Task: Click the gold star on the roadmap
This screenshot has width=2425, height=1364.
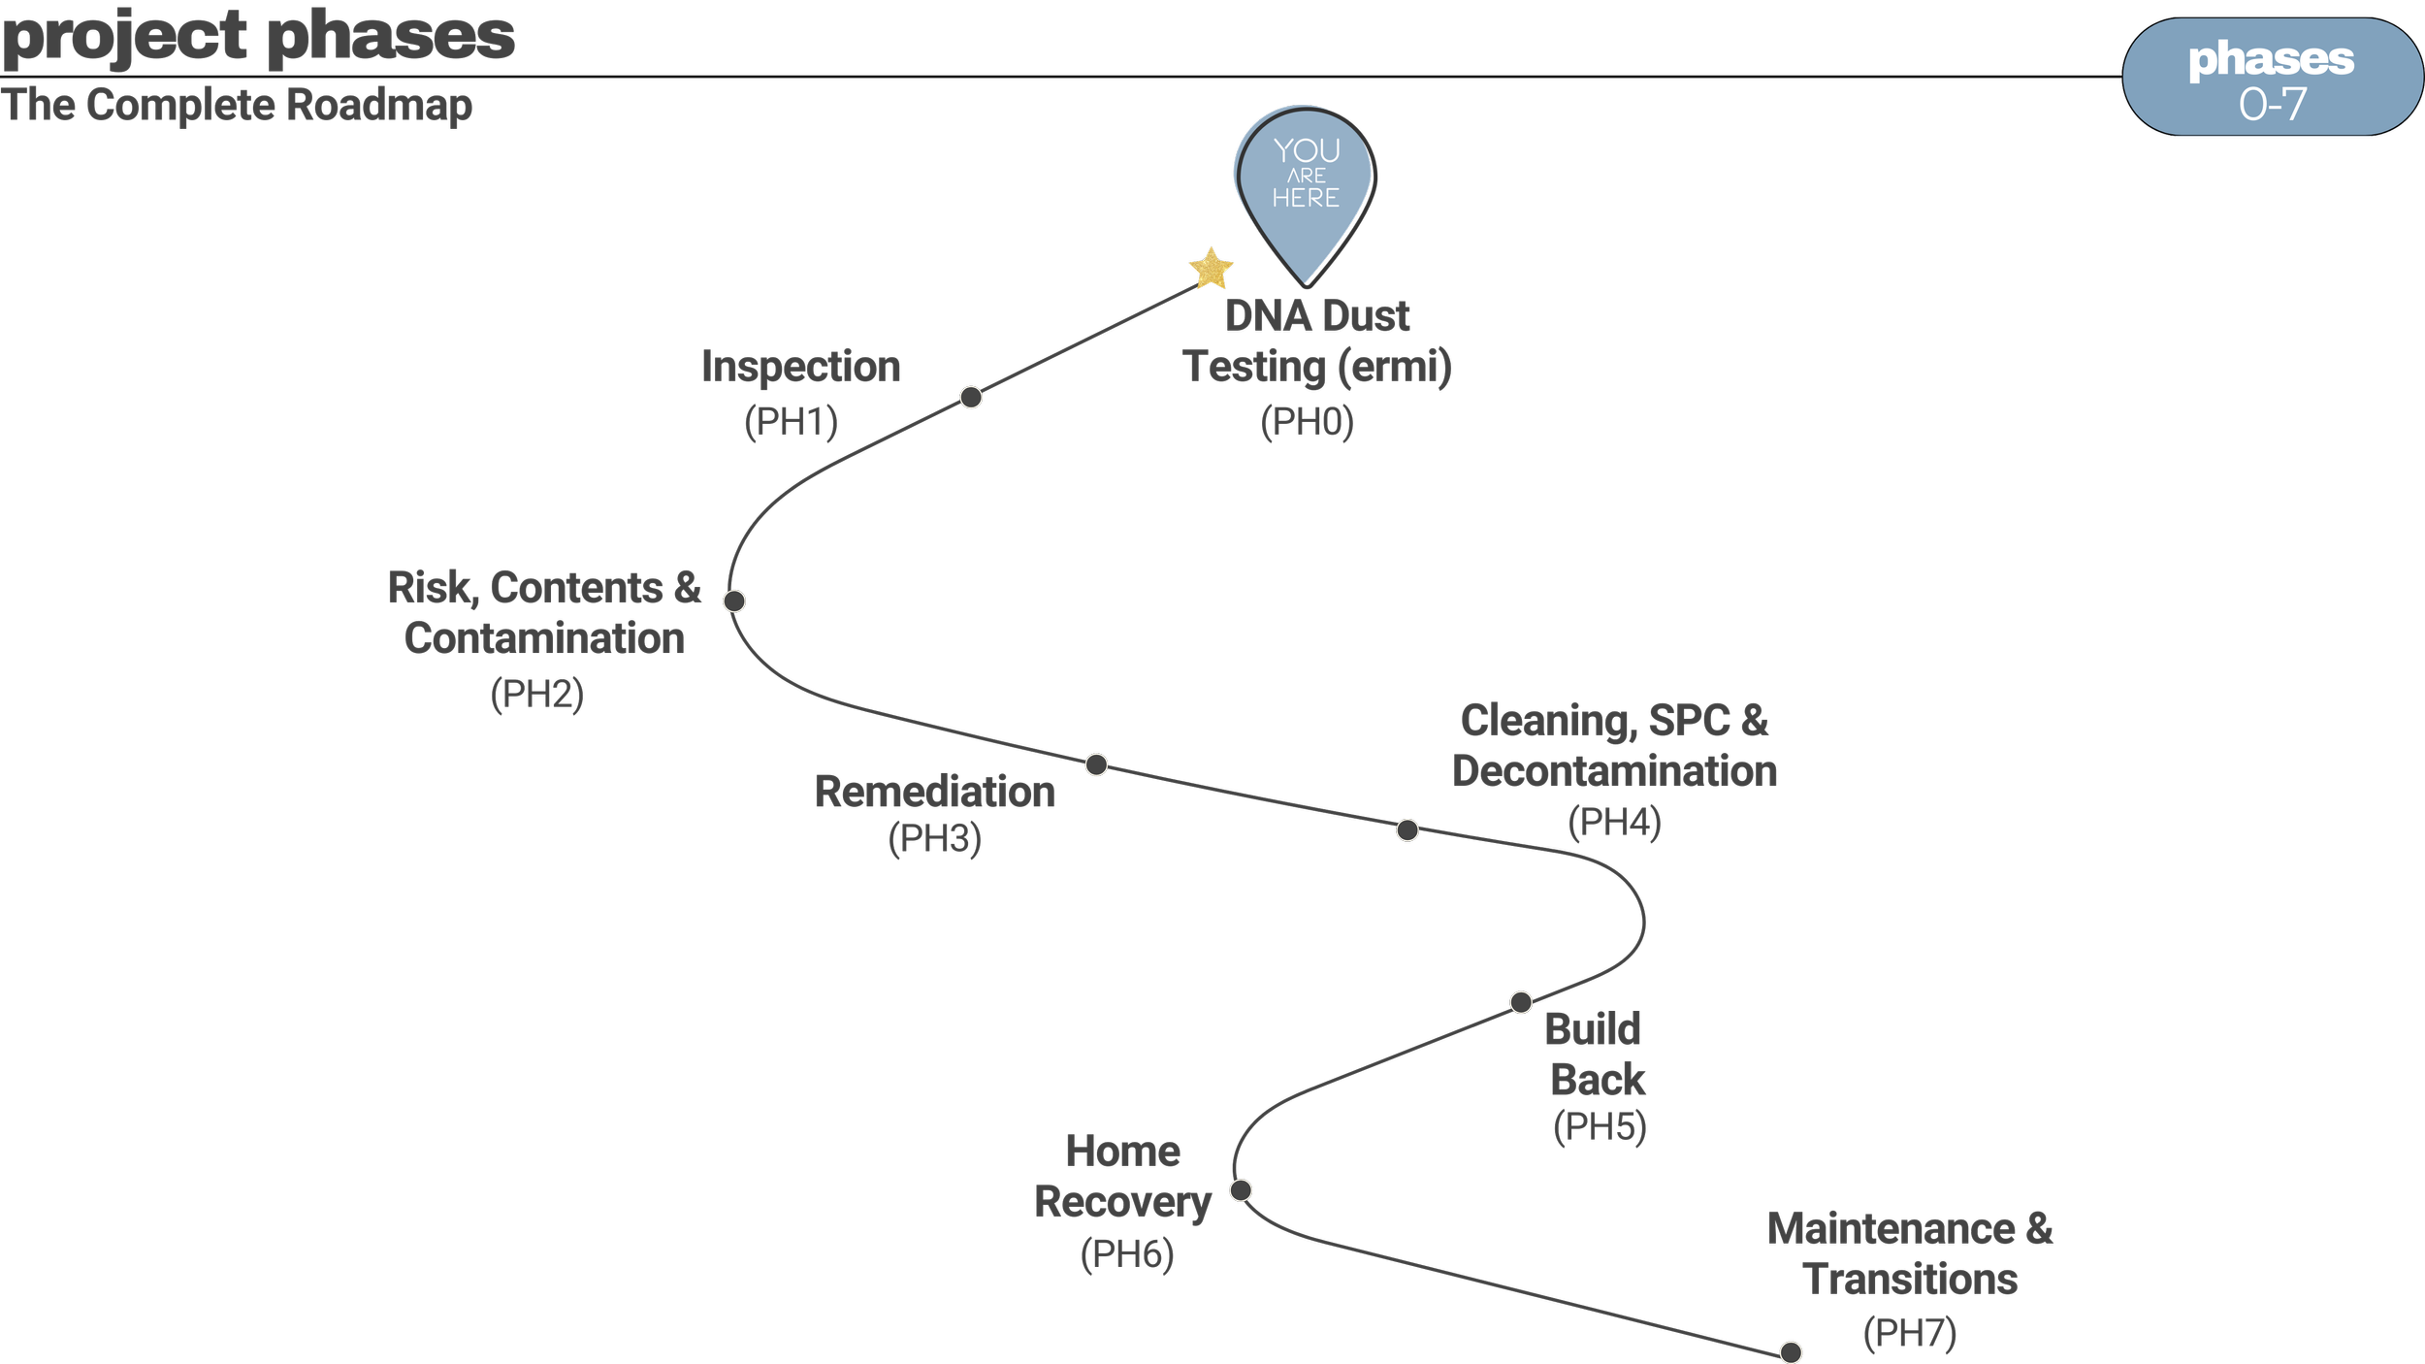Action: coord(1212,269)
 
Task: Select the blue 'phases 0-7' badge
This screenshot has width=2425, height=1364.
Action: coord(2272,77)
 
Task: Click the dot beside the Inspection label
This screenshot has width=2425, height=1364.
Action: coord(971,397)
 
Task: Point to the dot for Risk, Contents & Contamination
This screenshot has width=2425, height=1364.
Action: coord(734,601)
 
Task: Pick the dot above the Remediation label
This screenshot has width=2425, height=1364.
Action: coord(1096,764)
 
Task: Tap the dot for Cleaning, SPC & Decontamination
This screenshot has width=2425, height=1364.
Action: coord(1407,829)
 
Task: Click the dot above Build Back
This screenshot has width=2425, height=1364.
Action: coord(1521,1002)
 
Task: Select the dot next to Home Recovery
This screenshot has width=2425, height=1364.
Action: coord(1241,1189)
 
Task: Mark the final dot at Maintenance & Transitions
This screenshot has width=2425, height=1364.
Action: coord(1791,1351)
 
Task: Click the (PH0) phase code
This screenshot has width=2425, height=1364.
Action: coord(1307,422)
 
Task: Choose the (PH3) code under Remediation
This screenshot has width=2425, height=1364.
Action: coord(935,838)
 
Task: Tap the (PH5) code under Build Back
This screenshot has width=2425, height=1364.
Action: coord(1600,1126)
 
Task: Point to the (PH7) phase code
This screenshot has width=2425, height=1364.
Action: coord(1910,1332)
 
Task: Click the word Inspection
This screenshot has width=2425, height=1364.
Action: coord(801,368)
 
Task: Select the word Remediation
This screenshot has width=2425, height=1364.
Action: coord(935,792)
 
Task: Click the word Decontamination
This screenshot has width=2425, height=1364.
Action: coord(1615,771)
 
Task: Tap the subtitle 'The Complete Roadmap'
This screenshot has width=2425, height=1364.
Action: coord(237,105)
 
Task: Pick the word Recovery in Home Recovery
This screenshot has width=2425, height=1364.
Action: coord(1123,1203)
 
